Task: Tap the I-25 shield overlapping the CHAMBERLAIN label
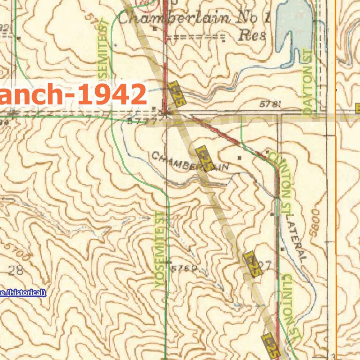coord(205,158)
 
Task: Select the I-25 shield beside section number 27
coord(253,264)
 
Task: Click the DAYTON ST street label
coord(307,82)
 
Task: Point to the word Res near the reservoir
coord(252,36)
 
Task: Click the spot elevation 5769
coord(183,269)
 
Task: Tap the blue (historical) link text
coord(23,293)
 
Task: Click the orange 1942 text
coord(112,95)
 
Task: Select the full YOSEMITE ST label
coord(159,248)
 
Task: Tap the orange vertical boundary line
coord(336,187)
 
